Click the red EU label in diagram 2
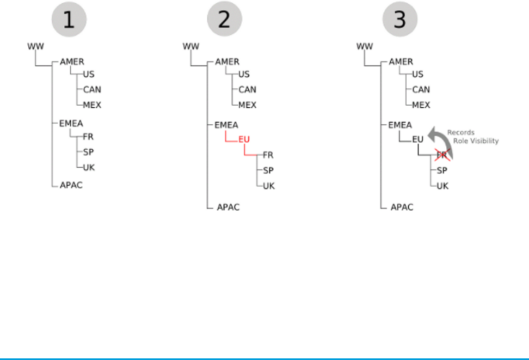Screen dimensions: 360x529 coord(244,139)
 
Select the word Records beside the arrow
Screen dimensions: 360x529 coord(460,132)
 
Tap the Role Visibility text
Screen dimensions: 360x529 coord(476,141)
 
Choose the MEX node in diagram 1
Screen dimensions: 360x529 coord(92,105)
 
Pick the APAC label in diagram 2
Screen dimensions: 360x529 coord(228,206)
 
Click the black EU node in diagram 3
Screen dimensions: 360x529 coord(417,139)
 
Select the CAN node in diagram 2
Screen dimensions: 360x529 coord(247,89)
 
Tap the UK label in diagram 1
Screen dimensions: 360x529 coord(88,167)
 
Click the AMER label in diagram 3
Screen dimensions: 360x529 coord(401,62)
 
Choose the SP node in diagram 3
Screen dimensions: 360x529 coord(442,170)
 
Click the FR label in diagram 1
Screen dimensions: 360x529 coord(88,137)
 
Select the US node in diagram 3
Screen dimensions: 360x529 coord(417,75)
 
